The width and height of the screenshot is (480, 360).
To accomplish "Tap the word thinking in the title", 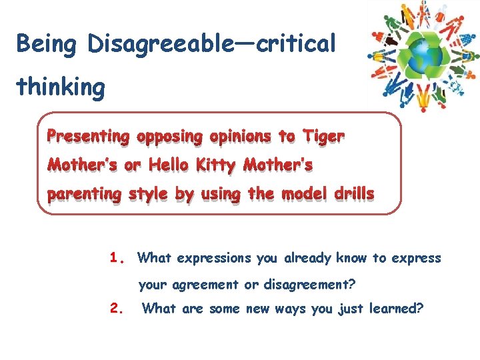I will (x=61, y=87).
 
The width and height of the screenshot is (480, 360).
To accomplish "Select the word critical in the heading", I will (x=296, y=44).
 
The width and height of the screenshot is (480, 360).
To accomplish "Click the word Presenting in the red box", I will (x=87, y=137).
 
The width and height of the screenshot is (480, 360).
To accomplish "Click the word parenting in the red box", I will (x=84, y=194).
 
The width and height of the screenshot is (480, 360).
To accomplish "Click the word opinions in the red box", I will (x=240, y=137).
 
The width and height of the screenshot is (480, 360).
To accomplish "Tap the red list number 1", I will (x=118, y=257).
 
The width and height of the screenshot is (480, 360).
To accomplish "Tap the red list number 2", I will (x=117, y=308).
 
